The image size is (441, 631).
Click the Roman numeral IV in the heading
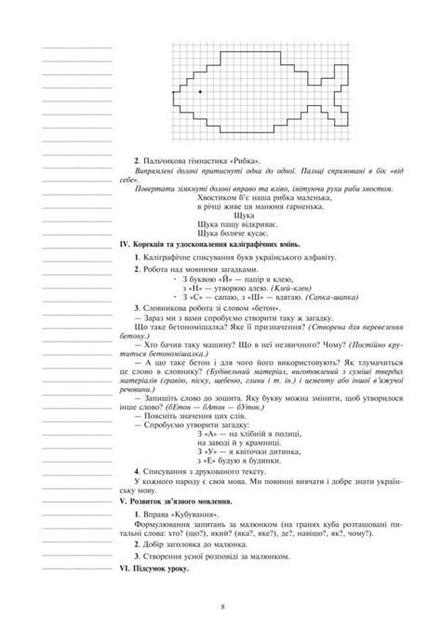127,244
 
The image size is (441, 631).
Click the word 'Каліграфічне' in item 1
168,256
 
